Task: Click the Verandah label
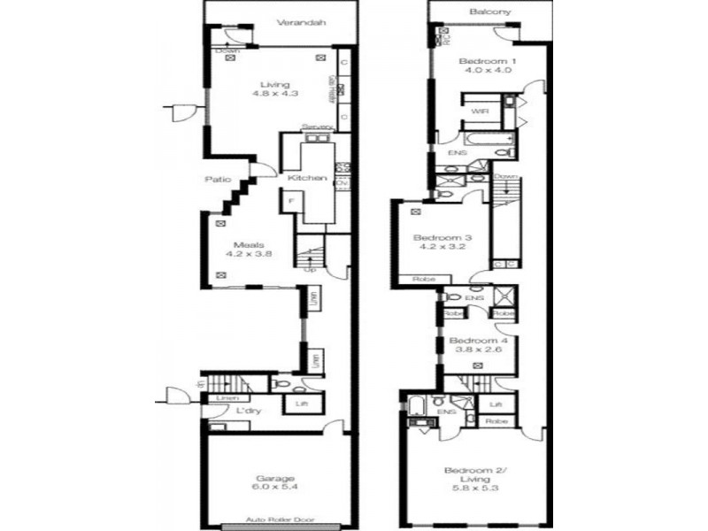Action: (295, 23)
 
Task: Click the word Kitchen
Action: (307, 178)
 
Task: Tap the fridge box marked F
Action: (290, 202)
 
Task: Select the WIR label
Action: (480, 112)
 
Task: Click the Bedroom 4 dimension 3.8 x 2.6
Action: (478, 350)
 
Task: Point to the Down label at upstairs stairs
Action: (506, 176)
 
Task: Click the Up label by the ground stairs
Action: (310, 269)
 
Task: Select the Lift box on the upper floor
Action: (496, 404)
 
